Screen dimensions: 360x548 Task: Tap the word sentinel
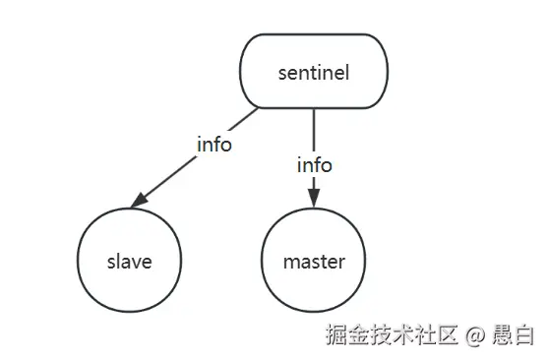click(314, 72)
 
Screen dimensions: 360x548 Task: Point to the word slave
click(130, 262)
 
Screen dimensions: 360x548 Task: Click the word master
click(314, 262)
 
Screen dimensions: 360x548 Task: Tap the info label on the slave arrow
click(213, 145)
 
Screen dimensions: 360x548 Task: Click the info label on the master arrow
click(314, 165)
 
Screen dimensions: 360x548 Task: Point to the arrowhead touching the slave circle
click(140, 201)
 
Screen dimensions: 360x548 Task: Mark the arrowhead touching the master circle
click(314, 201)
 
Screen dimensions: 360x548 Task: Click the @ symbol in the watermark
click(476, 335)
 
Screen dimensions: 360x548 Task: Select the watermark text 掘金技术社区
click(393, 335)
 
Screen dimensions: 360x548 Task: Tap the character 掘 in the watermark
click(338, 335)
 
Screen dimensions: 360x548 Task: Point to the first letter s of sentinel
click(283, 73)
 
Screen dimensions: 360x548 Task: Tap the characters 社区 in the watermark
click(436, 335)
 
